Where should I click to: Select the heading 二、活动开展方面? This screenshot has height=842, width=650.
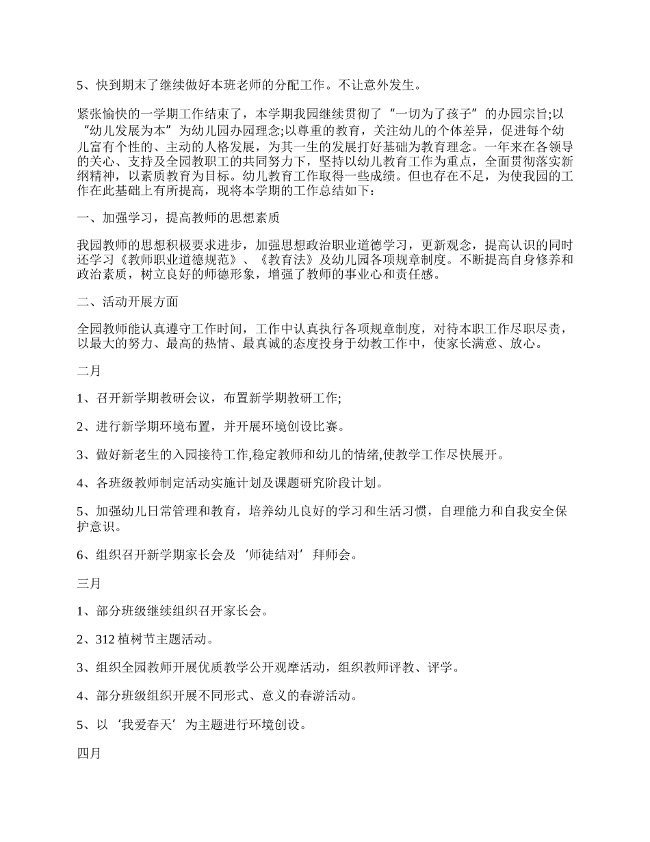[128, 301]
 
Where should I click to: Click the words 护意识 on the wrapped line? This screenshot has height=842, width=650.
[100, 527]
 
